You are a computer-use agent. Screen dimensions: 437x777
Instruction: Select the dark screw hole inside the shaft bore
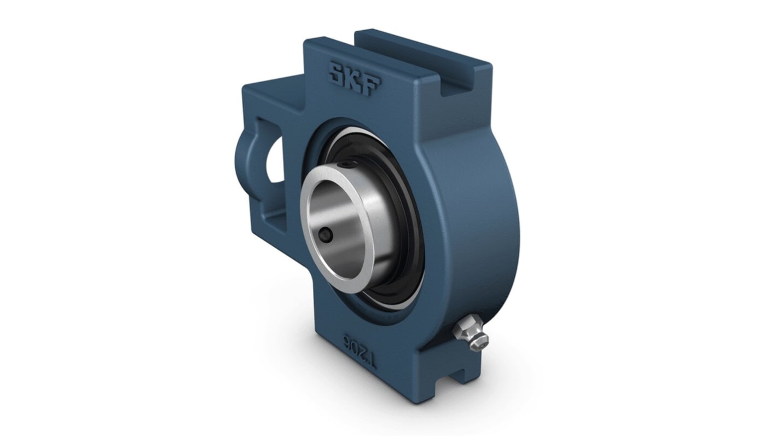[x=324, y=237]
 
